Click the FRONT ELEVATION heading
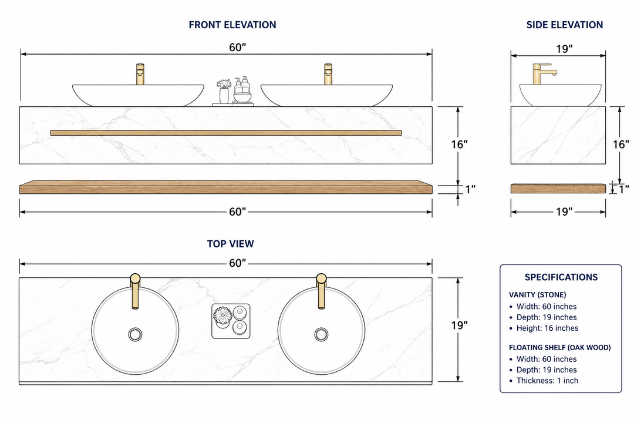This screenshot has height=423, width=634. pyautogui.click(x=232, y=25)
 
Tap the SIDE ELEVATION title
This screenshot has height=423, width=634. pyautogui.click(x=565, y=25)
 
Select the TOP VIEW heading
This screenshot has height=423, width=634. pyautogui.click(x=231, y=244)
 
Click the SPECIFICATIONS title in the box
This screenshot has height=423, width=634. pyautogui.click(x=561, y=277)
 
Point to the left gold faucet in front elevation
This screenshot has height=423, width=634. pyautogui.click(x=140, y=74)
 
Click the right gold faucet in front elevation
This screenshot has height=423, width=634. pyautogui.click(x=328, y=74)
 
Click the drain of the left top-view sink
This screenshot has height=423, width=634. pyautogui.click(x=135, y=334)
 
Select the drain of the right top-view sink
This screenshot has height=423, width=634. pyautogui.click(x=322, y=334)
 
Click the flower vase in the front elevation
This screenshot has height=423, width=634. pyautogui.click(x=224, y=92)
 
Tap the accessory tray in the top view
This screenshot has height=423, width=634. pyautogui.click(x=231, y=321)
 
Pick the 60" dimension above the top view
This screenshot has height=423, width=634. pyautogui.click(x=237, y=263)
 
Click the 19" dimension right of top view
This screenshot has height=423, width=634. pyautogui.click(x=459, y=325)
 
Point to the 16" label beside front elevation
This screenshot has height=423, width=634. pyautogui.click(x=459, y=144)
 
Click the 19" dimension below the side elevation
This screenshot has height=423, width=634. pyautogui.click(x=564, y=211)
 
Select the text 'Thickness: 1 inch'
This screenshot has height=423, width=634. pyautogui.click(x=547, y=381)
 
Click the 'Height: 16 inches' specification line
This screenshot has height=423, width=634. pyautogui.click(x=547, y=328)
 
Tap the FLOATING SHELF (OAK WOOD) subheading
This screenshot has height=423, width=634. pyautogui.click(x=559, y=347)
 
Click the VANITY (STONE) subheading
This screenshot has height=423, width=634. pyautogui.click(x=537, y=295)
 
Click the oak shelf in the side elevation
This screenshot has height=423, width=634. pyautogui.click(x=558, y=189)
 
